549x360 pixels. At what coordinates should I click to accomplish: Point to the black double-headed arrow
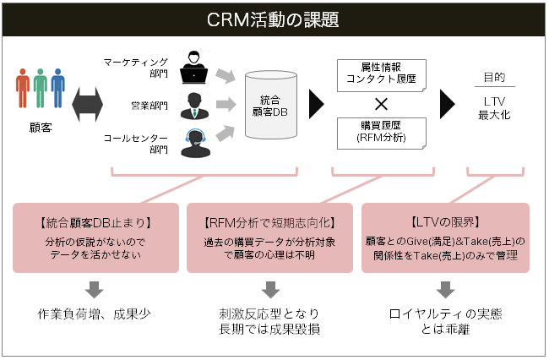tap(87, 104)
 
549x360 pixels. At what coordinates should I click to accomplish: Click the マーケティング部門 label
tap(136, 68)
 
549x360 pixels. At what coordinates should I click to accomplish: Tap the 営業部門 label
tap(151, 106)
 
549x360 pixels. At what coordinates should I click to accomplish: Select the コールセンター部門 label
tap(136, 143)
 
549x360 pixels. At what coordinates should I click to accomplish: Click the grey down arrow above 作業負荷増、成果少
tap(95, 288)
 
